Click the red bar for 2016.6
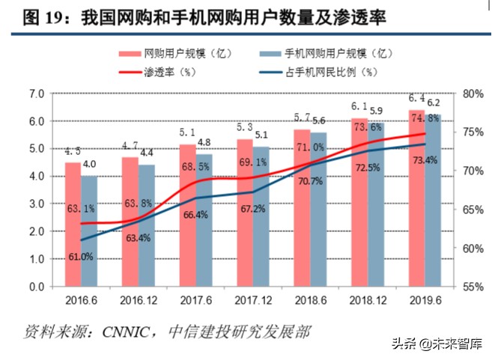73,225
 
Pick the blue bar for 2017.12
261,217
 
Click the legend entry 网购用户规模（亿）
178,53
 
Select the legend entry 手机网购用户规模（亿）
329,53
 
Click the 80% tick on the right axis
474,94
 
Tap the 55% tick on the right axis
474,287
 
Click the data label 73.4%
423,161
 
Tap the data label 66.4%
195,216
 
